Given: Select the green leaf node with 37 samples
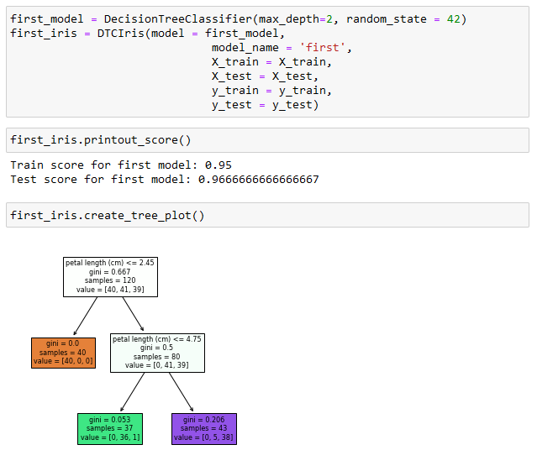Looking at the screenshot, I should (109, 428).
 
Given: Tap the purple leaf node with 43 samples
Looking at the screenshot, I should (204, 428).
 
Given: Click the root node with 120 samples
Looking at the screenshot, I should (109, 276).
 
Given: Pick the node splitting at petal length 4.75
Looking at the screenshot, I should (157, 353).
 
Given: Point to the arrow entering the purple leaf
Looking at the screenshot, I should (182, 391).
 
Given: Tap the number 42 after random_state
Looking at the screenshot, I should (453, 19).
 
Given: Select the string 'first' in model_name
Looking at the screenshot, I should (324, 48).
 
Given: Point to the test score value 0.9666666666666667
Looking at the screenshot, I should (258, 180).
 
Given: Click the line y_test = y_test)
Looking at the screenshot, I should (265, 105).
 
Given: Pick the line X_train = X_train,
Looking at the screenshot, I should (271, 62).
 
